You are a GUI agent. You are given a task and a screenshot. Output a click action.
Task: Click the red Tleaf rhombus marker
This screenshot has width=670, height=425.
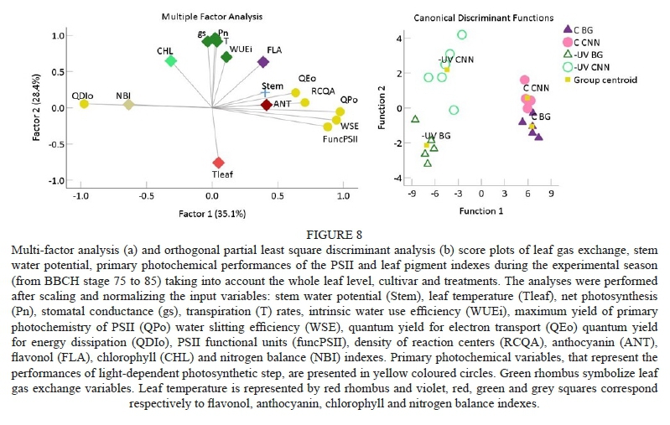pos(218,163)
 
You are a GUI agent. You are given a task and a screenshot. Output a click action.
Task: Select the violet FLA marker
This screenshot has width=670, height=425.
pos(263,62)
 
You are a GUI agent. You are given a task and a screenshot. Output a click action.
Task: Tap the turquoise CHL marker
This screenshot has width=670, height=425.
pos(170,61)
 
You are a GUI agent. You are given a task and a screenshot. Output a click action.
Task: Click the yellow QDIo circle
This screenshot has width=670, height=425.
pos(84,104)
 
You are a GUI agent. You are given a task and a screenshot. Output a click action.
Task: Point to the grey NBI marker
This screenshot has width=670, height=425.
pos(128,105)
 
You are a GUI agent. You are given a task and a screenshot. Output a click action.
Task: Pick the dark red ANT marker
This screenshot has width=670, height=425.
pos(266,105)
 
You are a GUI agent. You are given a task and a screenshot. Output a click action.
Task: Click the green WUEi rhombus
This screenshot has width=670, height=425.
pos(226,57)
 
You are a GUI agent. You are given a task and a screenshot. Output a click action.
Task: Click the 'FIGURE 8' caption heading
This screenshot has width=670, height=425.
pos(334,236)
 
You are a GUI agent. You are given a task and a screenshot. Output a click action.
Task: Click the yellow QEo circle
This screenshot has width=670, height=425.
pos(295,93)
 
